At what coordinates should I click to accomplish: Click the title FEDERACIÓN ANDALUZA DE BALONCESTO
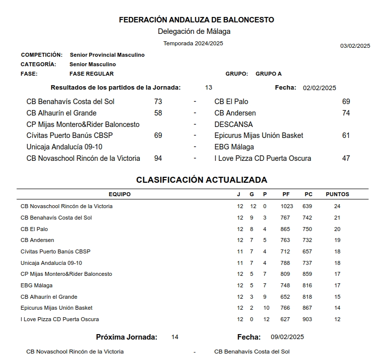point(196,20)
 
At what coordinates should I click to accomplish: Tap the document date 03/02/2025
point(355,46)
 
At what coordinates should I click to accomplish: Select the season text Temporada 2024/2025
point(193,43)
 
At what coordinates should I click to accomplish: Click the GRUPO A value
point(269,74)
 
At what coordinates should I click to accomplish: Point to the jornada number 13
point(208,88)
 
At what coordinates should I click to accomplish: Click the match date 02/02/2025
point(319,88)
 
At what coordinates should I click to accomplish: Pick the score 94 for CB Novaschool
point(158,158)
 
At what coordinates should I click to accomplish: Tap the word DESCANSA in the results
point(233,124)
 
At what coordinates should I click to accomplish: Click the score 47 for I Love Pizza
point(346,158)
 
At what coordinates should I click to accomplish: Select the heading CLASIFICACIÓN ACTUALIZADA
point(202,180)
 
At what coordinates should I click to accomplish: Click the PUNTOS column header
point(337,194)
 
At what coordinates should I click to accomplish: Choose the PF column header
point(286,194)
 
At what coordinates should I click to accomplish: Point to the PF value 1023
point(287,206)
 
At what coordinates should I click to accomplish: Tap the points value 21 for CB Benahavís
point(337,218)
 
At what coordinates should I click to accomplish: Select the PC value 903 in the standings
point(308,319)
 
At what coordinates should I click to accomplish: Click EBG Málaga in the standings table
point(36,285)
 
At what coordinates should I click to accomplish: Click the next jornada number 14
point(175,337)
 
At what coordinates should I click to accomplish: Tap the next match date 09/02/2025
point(288,337)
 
